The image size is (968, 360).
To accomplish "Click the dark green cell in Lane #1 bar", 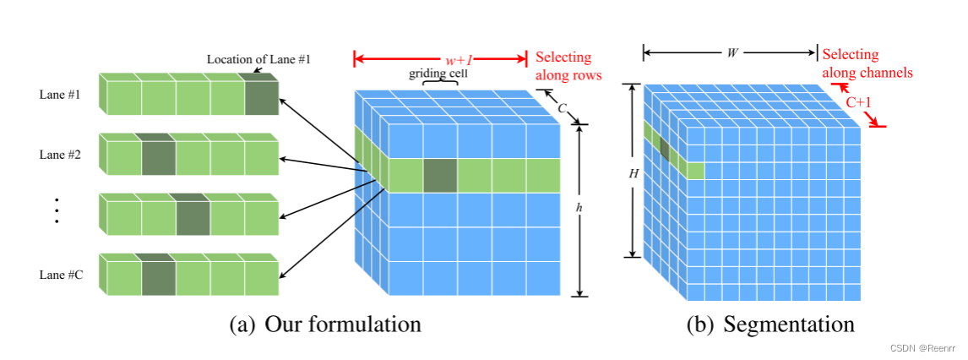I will (260, 96).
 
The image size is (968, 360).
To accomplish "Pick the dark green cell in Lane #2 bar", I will (158, 156).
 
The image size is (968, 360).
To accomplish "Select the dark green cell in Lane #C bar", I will (158, 276).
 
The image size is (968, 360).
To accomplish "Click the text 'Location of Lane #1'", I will (258, 60).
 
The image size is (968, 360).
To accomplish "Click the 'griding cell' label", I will (440, 74).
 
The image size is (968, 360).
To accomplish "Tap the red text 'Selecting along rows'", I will (568, 66).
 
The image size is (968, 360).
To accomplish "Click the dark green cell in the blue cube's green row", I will (440, 174).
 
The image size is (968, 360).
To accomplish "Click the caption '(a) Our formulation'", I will (325, 325).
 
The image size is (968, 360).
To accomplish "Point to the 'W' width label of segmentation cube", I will (731, 53).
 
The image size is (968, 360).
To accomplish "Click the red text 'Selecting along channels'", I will (867, 63).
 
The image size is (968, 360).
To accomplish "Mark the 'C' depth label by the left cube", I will (561, 107).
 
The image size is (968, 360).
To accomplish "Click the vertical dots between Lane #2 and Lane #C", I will (56, 210).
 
